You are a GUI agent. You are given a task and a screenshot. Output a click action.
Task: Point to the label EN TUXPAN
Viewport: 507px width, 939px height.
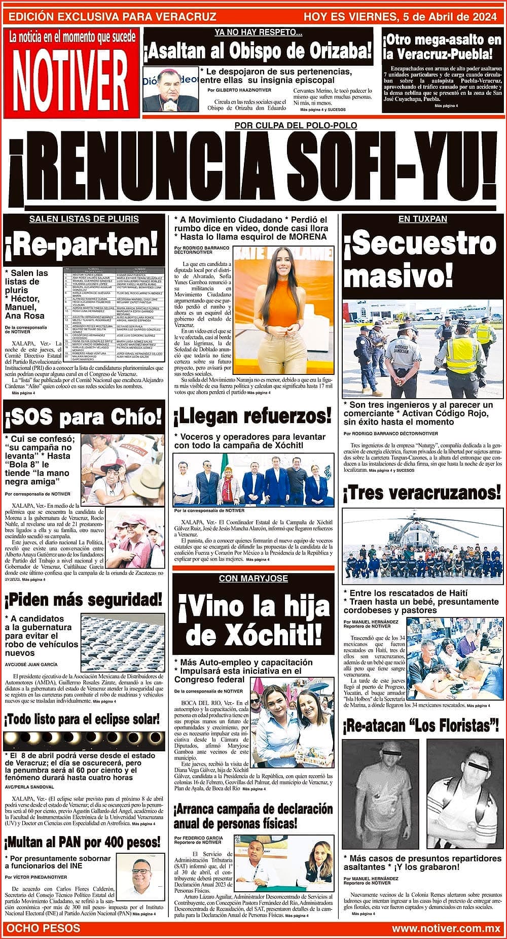[422, 219]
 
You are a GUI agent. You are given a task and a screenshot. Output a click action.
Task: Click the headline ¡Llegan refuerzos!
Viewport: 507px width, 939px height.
[252, 417]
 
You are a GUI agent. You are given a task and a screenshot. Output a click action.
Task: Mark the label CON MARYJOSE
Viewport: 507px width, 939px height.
[253, 578]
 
